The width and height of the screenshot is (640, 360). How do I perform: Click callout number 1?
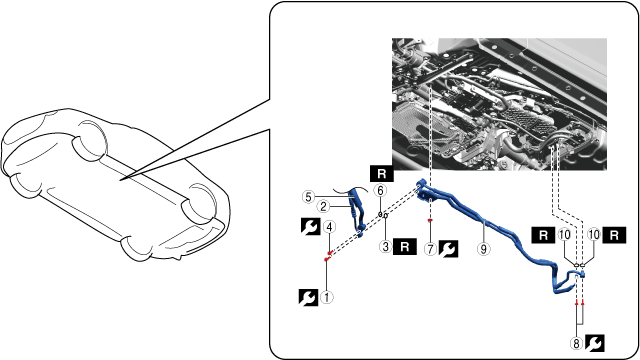pyautogui.click(x=327, y=297)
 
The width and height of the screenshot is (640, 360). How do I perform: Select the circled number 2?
pyautogui.click(x=323, y=207)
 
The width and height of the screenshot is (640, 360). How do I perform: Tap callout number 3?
pyautogui.click(x=385, y=247)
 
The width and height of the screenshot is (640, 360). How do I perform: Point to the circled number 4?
pyautogui.click(x=329, y=227)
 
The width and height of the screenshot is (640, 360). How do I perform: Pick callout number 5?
pyautogui.click(x=308, y=197)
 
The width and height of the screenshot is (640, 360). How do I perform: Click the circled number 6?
pyautogui.click(x=380, y=191)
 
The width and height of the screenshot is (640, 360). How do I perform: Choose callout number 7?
pyautogui.click(x=430, y=249)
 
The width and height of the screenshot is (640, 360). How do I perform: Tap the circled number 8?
pyautogui.click(x=576, y=344)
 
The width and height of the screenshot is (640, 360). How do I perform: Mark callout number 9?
pyautogui.click(x=484, y=249)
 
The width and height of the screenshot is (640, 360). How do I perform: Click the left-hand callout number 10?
pyautogui.click(x=565, y=235)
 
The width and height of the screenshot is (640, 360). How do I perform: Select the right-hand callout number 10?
pyautogui.click(x=594, y=235)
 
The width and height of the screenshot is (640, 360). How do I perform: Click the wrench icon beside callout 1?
pyautogui.click(x=309, y=298)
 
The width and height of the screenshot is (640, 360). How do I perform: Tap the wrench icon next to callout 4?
pyautogui.click(x=310, y=227)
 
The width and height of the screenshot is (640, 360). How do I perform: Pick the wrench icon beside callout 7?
pyautogui.click(x=449, y=249)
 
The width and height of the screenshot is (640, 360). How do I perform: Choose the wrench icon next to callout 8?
pyautogui.click(x=595, y=343)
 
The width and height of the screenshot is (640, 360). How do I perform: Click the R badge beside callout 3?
pyautogui.click(x=405, y=247)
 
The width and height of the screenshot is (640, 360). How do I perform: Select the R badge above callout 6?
pyautogui.click(x=382, y=174)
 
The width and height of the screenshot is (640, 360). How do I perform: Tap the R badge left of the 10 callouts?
pyautogui.click(x=544, y=236)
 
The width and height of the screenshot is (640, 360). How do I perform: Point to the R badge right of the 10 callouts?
pyautogui.click(x=614, y=236)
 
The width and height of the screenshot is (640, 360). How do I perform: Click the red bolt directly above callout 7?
pyautogui.click(x=430, y=220)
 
